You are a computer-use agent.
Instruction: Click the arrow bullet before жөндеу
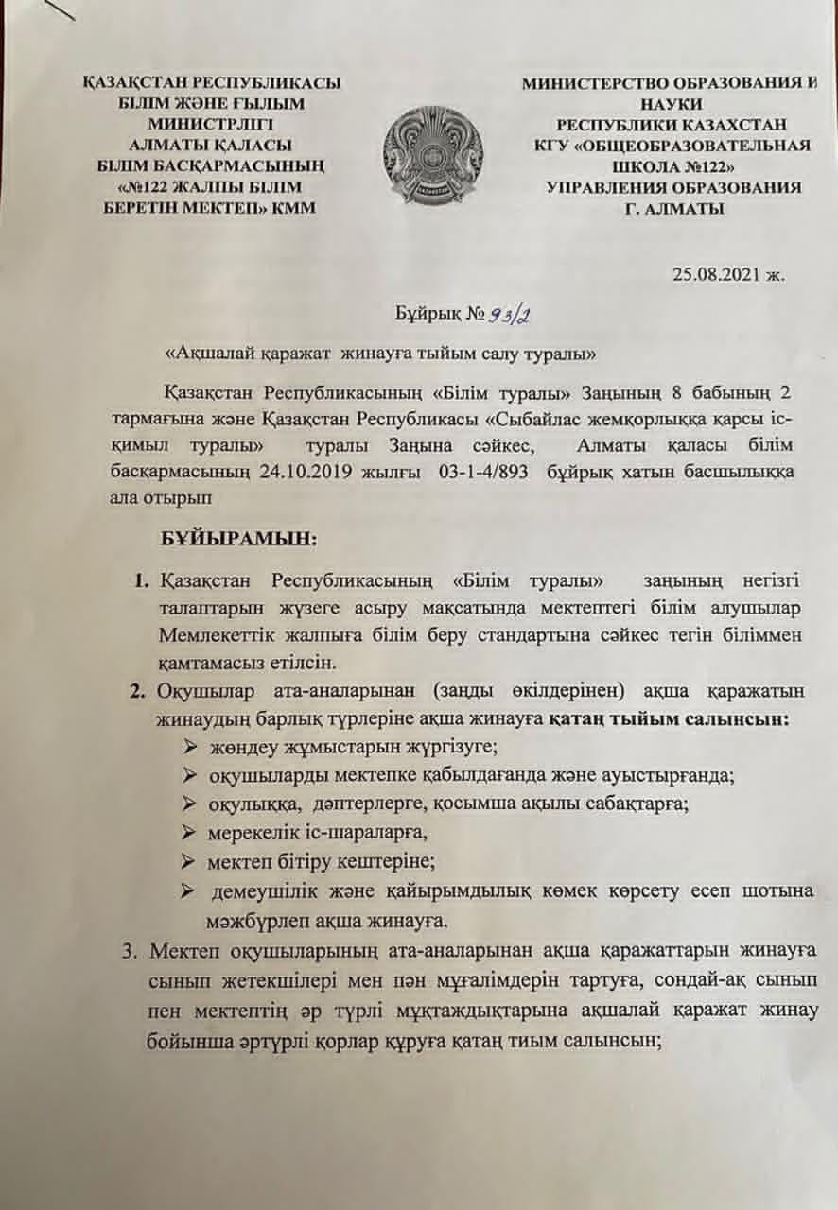coord(190,748)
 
